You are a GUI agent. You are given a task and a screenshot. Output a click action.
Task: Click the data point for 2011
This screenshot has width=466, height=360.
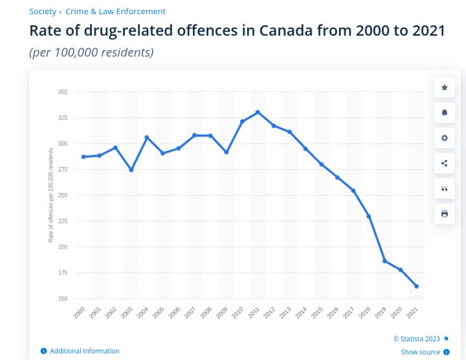point(258,112)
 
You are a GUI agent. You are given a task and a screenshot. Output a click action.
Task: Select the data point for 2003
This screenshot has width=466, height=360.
point(131,170)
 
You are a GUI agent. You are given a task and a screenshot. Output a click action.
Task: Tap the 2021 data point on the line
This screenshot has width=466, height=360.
point(416,286)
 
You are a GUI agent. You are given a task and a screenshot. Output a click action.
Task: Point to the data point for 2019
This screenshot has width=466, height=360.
point(384,261)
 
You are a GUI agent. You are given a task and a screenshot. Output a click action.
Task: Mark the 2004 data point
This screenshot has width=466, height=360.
point(147,137)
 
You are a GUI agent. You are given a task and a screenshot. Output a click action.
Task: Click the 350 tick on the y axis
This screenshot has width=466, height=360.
point(62,92)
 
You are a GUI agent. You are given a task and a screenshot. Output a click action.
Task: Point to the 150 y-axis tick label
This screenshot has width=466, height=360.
point(62,298)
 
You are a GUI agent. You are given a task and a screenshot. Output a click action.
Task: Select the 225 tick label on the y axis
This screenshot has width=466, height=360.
point(62,221)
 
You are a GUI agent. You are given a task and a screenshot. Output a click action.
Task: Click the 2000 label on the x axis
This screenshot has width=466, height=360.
point(80,312)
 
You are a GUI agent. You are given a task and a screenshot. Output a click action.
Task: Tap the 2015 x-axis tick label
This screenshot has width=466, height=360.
point(316,312)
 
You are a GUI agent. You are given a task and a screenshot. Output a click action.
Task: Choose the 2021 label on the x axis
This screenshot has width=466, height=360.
point(412,312)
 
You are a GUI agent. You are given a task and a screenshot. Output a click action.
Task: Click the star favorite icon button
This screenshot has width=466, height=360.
point(444,87)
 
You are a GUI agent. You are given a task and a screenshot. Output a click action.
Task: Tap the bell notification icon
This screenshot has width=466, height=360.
point(444,113)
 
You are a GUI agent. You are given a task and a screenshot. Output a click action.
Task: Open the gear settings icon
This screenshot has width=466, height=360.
point(444,138)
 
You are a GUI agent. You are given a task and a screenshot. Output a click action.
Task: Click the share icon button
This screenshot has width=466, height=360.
point(444,163)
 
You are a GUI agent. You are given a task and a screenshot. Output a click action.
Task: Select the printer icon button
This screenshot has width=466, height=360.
point(444,214)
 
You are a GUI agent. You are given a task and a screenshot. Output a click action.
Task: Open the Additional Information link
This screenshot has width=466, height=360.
point(84,351)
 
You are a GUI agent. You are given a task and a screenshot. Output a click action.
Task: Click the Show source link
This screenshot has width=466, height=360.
point(420,352)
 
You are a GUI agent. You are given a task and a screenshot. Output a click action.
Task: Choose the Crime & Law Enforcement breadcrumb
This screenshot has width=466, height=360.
point(115,12)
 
